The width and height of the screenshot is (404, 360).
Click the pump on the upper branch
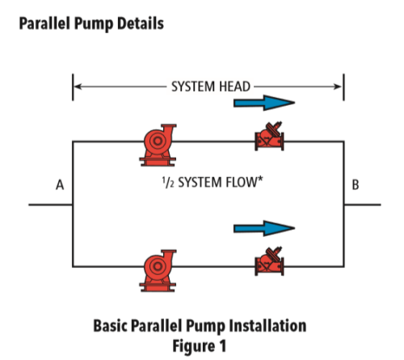[x=156, y=140]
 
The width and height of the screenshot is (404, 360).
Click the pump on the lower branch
[x=156, y=265]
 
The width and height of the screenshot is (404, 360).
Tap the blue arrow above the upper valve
[x=263, y=104]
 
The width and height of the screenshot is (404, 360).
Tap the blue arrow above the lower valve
[x=263, y=229]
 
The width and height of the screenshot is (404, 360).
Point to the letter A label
[x=59, y=185]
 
